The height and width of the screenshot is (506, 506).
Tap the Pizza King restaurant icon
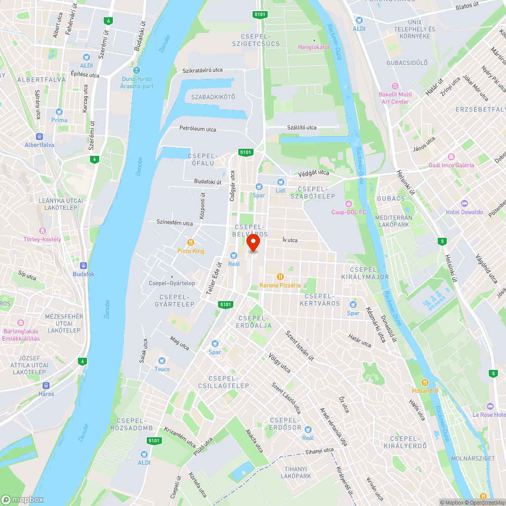191,242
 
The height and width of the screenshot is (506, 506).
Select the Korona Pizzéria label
280,285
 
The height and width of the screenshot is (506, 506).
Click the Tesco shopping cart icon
162,361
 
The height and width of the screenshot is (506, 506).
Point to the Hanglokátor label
314,47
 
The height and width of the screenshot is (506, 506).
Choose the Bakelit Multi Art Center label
395,98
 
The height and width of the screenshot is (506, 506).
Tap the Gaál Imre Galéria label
451,165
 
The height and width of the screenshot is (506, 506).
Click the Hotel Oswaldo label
465,212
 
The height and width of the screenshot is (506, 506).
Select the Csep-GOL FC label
348,212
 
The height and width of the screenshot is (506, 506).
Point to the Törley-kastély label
43,239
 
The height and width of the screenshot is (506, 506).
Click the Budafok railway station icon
83,266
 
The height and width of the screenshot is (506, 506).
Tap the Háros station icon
46,386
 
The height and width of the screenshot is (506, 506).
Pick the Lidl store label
281,190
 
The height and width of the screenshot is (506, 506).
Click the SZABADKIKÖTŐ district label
213,97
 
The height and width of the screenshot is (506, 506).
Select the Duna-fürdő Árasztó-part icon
137,70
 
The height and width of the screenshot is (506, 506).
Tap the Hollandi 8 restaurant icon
425,383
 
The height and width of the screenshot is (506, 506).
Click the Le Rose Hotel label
489,414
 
